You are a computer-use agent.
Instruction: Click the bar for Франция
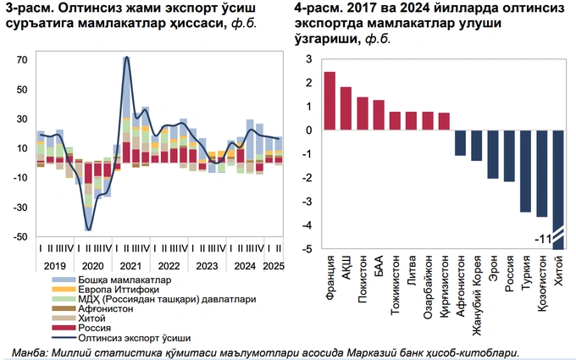coord(330,101)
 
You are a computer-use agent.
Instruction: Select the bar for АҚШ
coord(346,108)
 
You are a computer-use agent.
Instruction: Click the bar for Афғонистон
coord(460,143)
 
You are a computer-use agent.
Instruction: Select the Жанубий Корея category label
coord(477,280)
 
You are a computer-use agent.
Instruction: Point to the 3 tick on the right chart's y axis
coord(307,59)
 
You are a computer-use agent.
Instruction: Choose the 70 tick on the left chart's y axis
coord(20,60)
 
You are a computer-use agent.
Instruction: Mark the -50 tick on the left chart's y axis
coord(19,238)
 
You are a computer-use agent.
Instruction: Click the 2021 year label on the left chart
coord(132,265)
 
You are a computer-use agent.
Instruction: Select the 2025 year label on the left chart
coord(272,265)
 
